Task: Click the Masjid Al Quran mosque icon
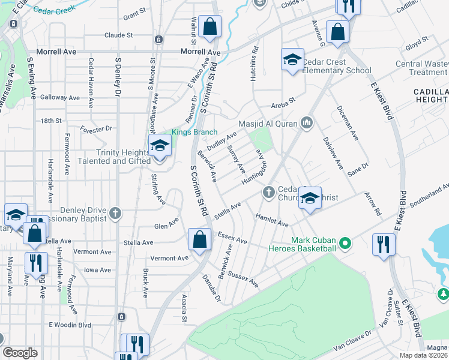(308, 123)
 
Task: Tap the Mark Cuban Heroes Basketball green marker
(345, 244)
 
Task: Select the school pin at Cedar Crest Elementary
(292, 59)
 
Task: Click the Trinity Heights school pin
(160, 146)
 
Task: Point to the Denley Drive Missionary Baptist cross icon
(115, 213)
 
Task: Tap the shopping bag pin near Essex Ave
(199, 239)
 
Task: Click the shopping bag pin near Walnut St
(209, 26)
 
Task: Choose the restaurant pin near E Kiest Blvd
(382, 244)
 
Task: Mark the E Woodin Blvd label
(70, 325)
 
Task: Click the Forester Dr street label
(96, 128)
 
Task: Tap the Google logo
(20, 353)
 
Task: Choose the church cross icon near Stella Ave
(268, 192)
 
